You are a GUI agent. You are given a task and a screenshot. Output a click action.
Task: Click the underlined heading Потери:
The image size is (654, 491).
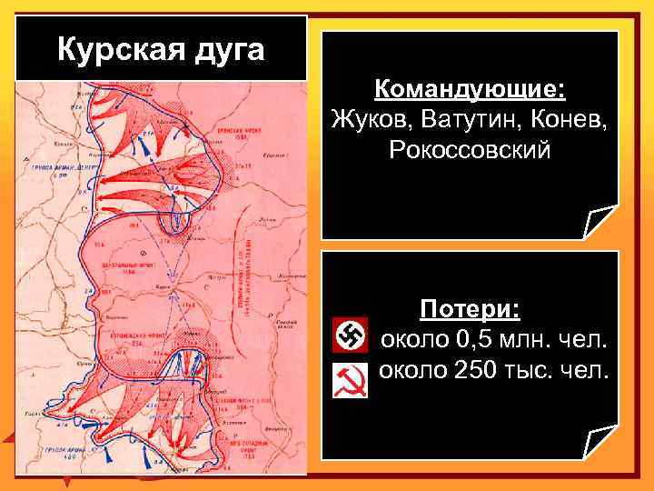[x=470, y=310]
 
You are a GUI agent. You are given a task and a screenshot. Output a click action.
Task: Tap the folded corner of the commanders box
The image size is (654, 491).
[x=600, y=224]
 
